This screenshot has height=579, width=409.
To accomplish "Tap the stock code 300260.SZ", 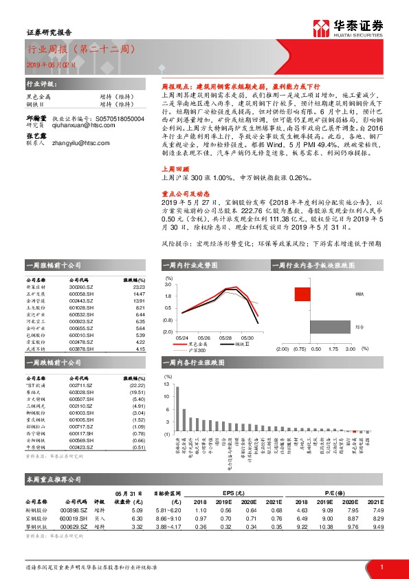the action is click(x=82, y=287).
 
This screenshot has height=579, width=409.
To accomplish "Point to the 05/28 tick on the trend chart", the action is click(x=225, y=338).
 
